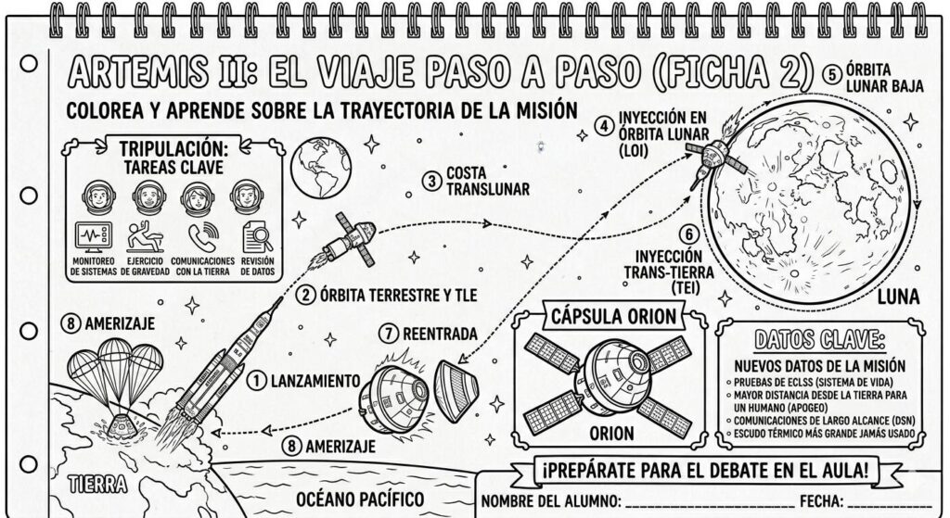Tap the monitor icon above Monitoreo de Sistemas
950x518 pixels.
[92, 237]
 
